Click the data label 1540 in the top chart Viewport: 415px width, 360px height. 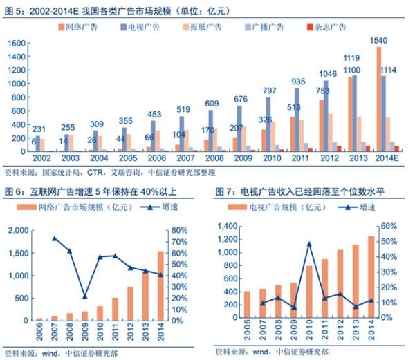(378, 41)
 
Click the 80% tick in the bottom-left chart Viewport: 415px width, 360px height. (179, 230)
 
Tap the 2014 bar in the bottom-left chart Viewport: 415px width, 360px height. (160, 285)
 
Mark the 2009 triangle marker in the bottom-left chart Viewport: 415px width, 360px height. (84, 296)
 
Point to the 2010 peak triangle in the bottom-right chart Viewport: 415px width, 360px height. (308, 244)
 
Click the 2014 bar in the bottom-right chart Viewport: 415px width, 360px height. (371, 277)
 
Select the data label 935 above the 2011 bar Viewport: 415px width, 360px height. (299, 81)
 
